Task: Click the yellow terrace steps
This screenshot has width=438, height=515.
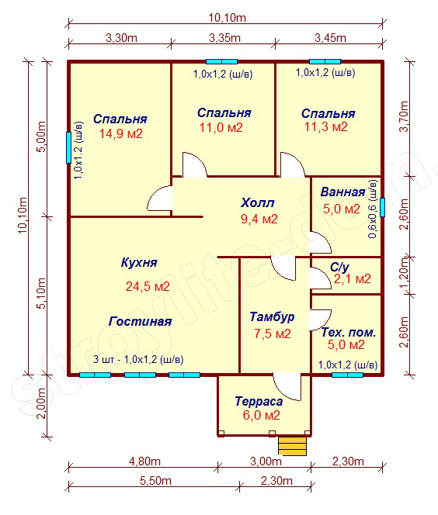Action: [292, 446]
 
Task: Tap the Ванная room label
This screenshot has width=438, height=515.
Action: [342, 192]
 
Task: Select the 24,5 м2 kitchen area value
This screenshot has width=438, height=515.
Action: [148, 286]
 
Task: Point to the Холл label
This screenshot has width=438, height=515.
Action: [257, 202]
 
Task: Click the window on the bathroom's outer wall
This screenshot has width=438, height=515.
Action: [382, 207]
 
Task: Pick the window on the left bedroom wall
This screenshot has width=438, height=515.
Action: [68, 147]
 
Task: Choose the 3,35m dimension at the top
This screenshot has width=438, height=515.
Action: [225, 38]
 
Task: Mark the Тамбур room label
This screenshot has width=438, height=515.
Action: [272, 317]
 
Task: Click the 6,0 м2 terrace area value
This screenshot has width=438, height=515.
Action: [262, 415]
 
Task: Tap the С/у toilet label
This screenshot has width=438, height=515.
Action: [339, 268]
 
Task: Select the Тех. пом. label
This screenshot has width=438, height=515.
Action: [348, 333]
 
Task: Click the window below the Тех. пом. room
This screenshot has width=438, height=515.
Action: [347, 375]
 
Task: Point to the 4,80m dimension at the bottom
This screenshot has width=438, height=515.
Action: [144, 461]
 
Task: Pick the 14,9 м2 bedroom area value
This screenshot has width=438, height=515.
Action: [121, 133]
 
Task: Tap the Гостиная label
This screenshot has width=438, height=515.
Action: [140, 321]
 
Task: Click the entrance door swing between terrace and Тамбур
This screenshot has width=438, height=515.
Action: [287, 388]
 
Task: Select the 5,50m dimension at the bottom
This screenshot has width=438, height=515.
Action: [155, 481]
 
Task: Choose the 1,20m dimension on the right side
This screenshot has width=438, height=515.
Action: [405, 272]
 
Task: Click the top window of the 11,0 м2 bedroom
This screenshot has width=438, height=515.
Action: [221, 61]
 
